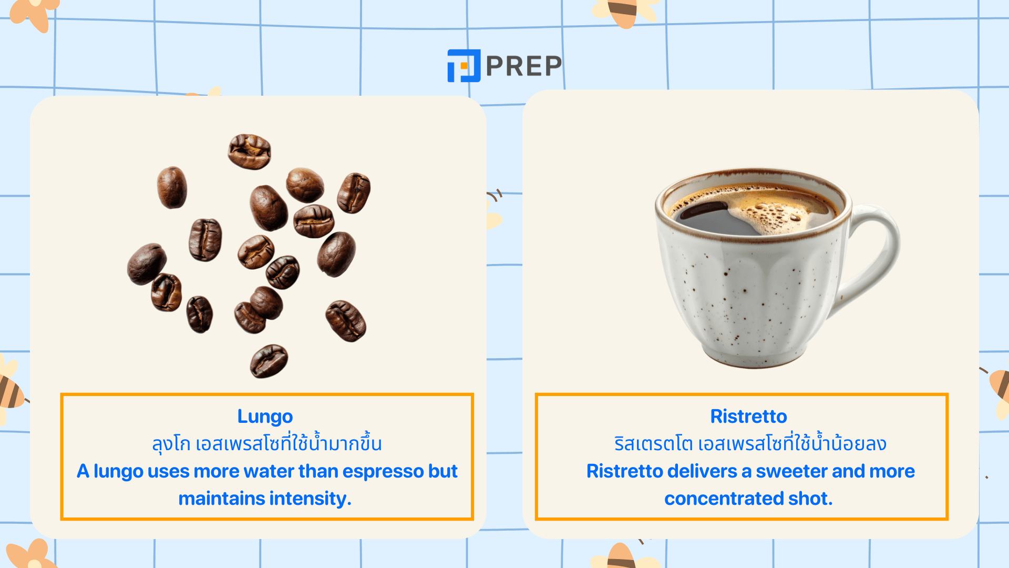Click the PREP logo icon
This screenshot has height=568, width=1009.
(464, 66)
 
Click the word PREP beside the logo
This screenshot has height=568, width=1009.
(524, 66)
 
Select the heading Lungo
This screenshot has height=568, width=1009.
(265, 416)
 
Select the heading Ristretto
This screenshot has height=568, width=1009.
(748, 416)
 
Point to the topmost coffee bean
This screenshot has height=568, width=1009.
(250, 151)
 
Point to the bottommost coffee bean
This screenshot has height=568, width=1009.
(269, 361)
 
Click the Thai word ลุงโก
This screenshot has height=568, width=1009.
(171, 444)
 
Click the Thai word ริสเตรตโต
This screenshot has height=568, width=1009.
(653, 444)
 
